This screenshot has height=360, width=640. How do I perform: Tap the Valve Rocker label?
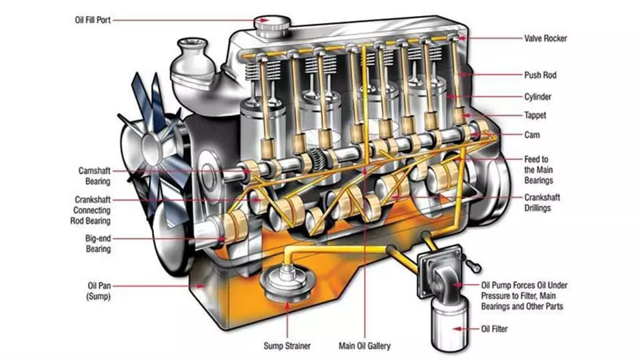(x=545, y=39)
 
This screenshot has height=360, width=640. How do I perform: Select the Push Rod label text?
(x=540, y=75)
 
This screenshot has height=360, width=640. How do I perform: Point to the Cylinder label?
(x=538, y=97)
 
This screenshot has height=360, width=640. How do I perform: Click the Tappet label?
(x=535, y=115)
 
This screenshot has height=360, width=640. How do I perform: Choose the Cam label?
(x=531, y=135)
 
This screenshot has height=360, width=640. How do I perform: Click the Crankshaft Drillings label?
(x=541, y=202)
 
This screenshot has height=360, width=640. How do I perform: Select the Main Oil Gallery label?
(x=364, y=345)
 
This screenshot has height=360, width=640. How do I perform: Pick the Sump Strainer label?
(x=287, y=345)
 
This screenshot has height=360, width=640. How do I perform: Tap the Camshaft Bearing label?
(x=93, y=175)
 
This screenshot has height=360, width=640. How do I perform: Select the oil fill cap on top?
(x=271, y=25)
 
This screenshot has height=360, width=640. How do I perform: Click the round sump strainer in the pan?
(x=286, y=279)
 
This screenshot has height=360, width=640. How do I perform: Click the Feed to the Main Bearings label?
(x=536, y=169)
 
